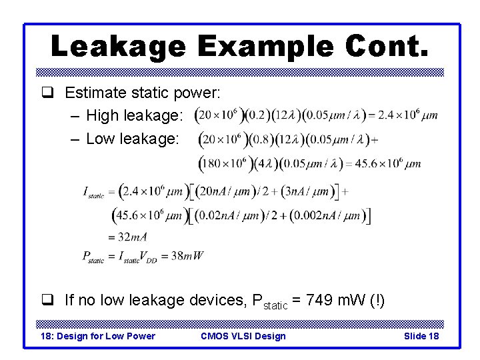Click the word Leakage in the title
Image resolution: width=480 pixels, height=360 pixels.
(117, 46)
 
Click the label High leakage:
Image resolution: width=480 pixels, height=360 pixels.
(135, 116)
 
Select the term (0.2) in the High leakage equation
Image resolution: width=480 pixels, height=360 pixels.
(255, 115)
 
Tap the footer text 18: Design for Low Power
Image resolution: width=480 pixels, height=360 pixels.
(98, 336)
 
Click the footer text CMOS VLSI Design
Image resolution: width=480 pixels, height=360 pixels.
(243, 336)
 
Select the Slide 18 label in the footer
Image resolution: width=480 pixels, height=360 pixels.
(421, 336)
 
